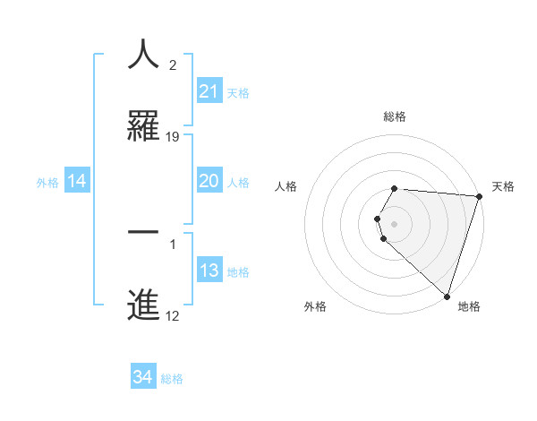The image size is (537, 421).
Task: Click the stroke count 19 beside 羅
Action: [x=174, y=137]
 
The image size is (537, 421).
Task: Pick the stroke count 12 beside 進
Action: [x=173, y=316]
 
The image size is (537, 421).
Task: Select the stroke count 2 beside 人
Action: [x=173, y=66]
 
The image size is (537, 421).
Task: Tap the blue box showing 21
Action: [x=209, y=91]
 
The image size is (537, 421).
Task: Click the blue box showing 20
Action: [x=209, y=181]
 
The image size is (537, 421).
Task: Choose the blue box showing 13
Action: [x=209, y=271]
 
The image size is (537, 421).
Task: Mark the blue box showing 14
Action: [x=77, y=181]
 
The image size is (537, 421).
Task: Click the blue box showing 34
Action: [x=143, y=377]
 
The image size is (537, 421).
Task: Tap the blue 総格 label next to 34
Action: [x=172, y=379]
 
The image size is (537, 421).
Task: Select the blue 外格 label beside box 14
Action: [x=47, y=183]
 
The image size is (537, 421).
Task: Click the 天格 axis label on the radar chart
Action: [x=503, y=186]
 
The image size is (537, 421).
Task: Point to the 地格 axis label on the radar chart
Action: [x=469, y=307]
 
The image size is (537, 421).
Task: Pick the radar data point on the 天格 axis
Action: [x=479, y=196]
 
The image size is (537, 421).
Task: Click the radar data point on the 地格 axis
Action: [x=447, y=296]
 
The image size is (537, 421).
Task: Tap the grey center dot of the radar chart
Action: [x=395, y=223]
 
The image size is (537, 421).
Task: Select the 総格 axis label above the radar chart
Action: [x=395, y=116]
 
